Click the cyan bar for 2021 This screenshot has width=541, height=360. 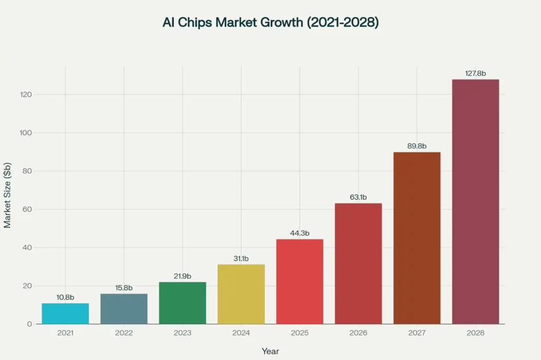65,314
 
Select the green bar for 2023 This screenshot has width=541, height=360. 182,303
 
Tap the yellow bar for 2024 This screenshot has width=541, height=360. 241,294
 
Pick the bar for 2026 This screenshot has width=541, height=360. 358,264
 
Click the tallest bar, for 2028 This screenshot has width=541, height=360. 475,202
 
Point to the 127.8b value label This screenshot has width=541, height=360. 475,73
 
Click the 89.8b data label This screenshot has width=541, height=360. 417,146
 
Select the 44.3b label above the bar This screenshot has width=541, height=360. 300,233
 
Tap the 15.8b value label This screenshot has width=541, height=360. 124,288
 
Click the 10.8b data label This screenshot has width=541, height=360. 65,297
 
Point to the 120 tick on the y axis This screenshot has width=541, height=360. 26,94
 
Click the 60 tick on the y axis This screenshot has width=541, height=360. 27,210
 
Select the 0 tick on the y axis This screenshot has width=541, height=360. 30,324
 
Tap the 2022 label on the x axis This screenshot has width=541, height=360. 124,333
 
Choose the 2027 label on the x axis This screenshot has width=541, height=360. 417,333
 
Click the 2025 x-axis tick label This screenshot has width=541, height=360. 300,333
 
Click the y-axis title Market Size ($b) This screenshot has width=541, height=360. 7,195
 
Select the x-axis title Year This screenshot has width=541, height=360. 270,352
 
